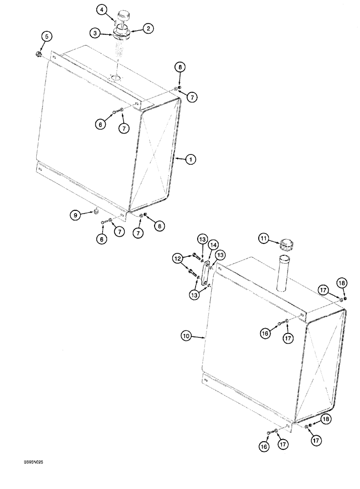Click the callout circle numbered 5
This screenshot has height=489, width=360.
47,36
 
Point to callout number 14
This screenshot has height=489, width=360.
214,244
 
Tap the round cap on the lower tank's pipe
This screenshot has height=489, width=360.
285,242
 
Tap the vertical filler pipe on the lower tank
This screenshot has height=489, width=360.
283,274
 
